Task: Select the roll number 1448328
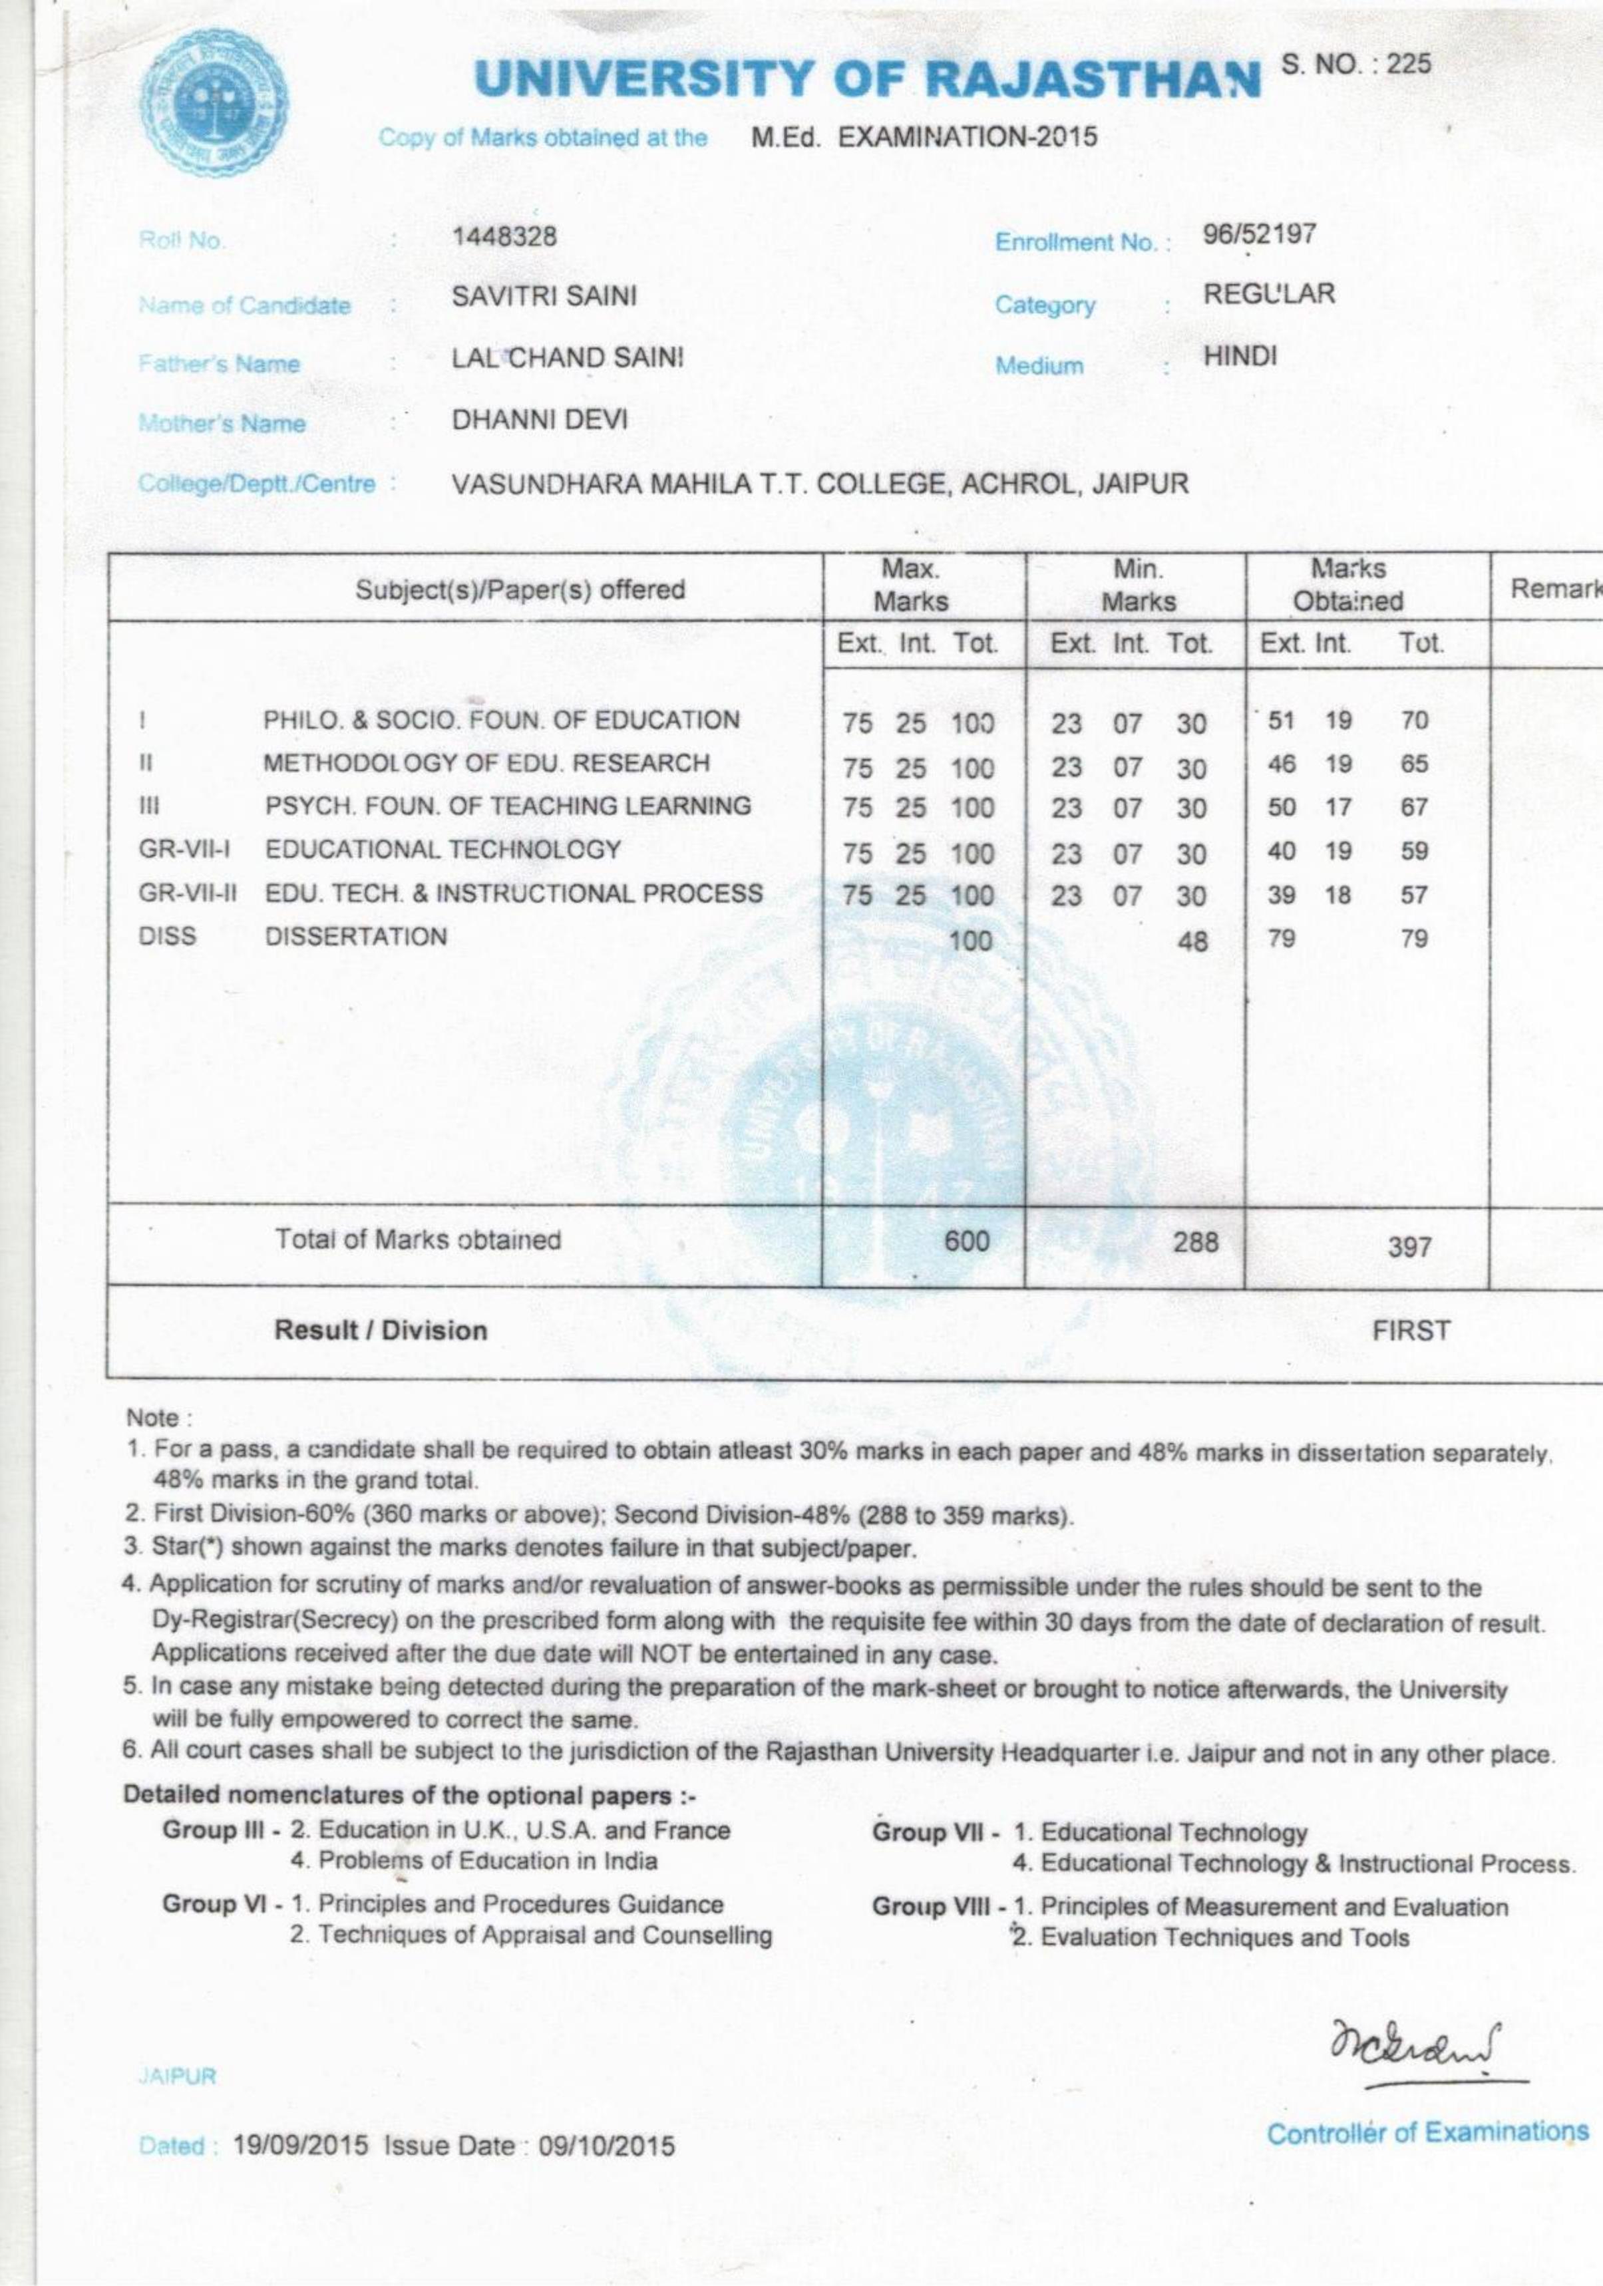point(504,236)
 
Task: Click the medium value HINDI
point(1240,357)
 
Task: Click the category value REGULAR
point(1268,295)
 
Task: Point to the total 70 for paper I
point(1414,720)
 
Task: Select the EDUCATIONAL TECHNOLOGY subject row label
point(442,850)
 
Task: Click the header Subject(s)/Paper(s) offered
point(521,589)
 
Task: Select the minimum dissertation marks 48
point(1192,940)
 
